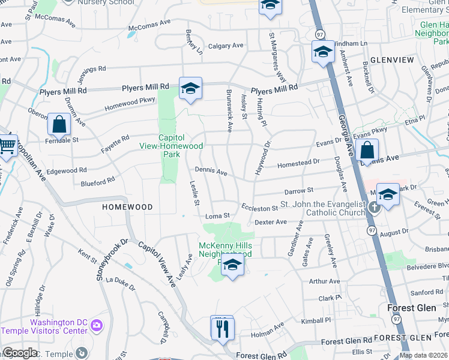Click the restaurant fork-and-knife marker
click(x=222, y=328)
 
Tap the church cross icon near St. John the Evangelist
click(x=375, y=208)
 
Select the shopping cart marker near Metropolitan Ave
click(x=7, y=144)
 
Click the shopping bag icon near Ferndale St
click(x=59, y=125)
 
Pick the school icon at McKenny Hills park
click(x=232, y=265)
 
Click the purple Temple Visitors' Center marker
click(x=97, y=326)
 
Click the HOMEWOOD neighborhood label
click(x=127, y=206)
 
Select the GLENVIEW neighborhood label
click(x=392, y=61)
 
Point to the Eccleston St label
click(x=260, y=208)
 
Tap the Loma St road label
click(x=218, y=215)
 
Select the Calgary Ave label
click(x=225, y=46)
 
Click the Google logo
click(x=20, y=352)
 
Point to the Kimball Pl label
click(x=316, y=321)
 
